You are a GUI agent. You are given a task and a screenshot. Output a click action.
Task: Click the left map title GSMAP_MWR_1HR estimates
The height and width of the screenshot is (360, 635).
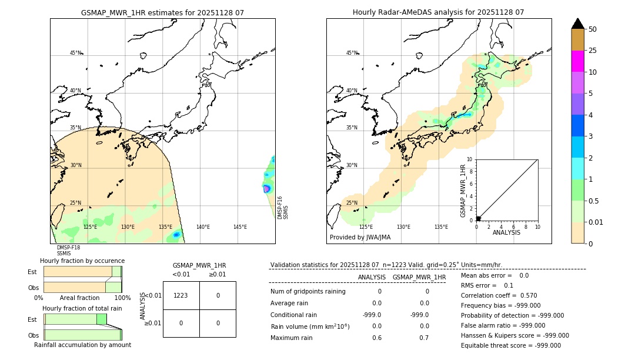coord(162,12)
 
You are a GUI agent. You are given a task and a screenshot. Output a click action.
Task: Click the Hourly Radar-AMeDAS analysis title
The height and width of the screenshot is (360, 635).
coord(438,12)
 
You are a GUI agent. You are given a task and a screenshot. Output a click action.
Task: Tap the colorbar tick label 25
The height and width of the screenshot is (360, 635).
coord(593,51)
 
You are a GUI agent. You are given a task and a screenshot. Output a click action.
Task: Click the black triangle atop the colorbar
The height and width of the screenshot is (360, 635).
coord(578,24)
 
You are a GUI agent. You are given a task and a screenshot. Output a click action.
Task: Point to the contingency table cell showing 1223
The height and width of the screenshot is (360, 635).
coord(181,296)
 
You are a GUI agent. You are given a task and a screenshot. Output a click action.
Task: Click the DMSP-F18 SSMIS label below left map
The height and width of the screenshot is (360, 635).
coord(68,251)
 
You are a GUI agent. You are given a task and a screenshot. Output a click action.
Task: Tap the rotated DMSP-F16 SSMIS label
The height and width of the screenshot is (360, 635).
coord(283,208)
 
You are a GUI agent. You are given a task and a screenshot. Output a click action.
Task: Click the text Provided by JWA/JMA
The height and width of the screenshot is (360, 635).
coord(360,238)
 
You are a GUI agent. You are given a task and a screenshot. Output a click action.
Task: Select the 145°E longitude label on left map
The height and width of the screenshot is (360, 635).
coord(240,227)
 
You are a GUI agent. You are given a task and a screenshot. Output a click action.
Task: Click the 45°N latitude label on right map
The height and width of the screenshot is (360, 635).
coord(352,53)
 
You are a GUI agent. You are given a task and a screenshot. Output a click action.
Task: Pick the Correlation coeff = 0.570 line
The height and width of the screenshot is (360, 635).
coord(499,296)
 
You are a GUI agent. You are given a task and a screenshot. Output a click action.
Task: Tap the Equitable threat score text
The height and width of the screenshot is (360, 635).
coord(510,346)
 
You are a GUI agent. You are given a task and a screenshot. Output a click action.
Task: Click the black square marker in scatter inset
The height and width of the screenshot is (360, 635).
coord(478,218)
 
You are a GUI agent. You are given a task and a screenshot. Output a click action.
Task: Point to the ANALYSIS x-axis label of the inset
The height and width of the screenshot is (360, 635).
coord(507,232)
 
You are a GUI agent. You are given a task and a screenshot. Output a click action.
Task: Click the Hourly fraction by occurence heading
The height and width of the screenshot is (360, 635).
coord(82,261)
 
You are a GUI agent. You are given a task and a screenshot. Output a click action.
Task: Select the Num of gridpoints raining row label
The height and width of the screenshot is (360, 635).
coord(308,292)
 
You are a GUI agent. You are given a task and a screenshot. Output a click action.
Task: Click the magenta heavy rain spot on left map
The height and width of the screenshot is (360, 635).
coord(266,188)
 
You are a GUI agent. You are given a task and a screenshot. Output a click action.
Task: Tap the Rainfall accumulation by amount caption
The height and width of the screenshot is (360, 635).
coord(82,345)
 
